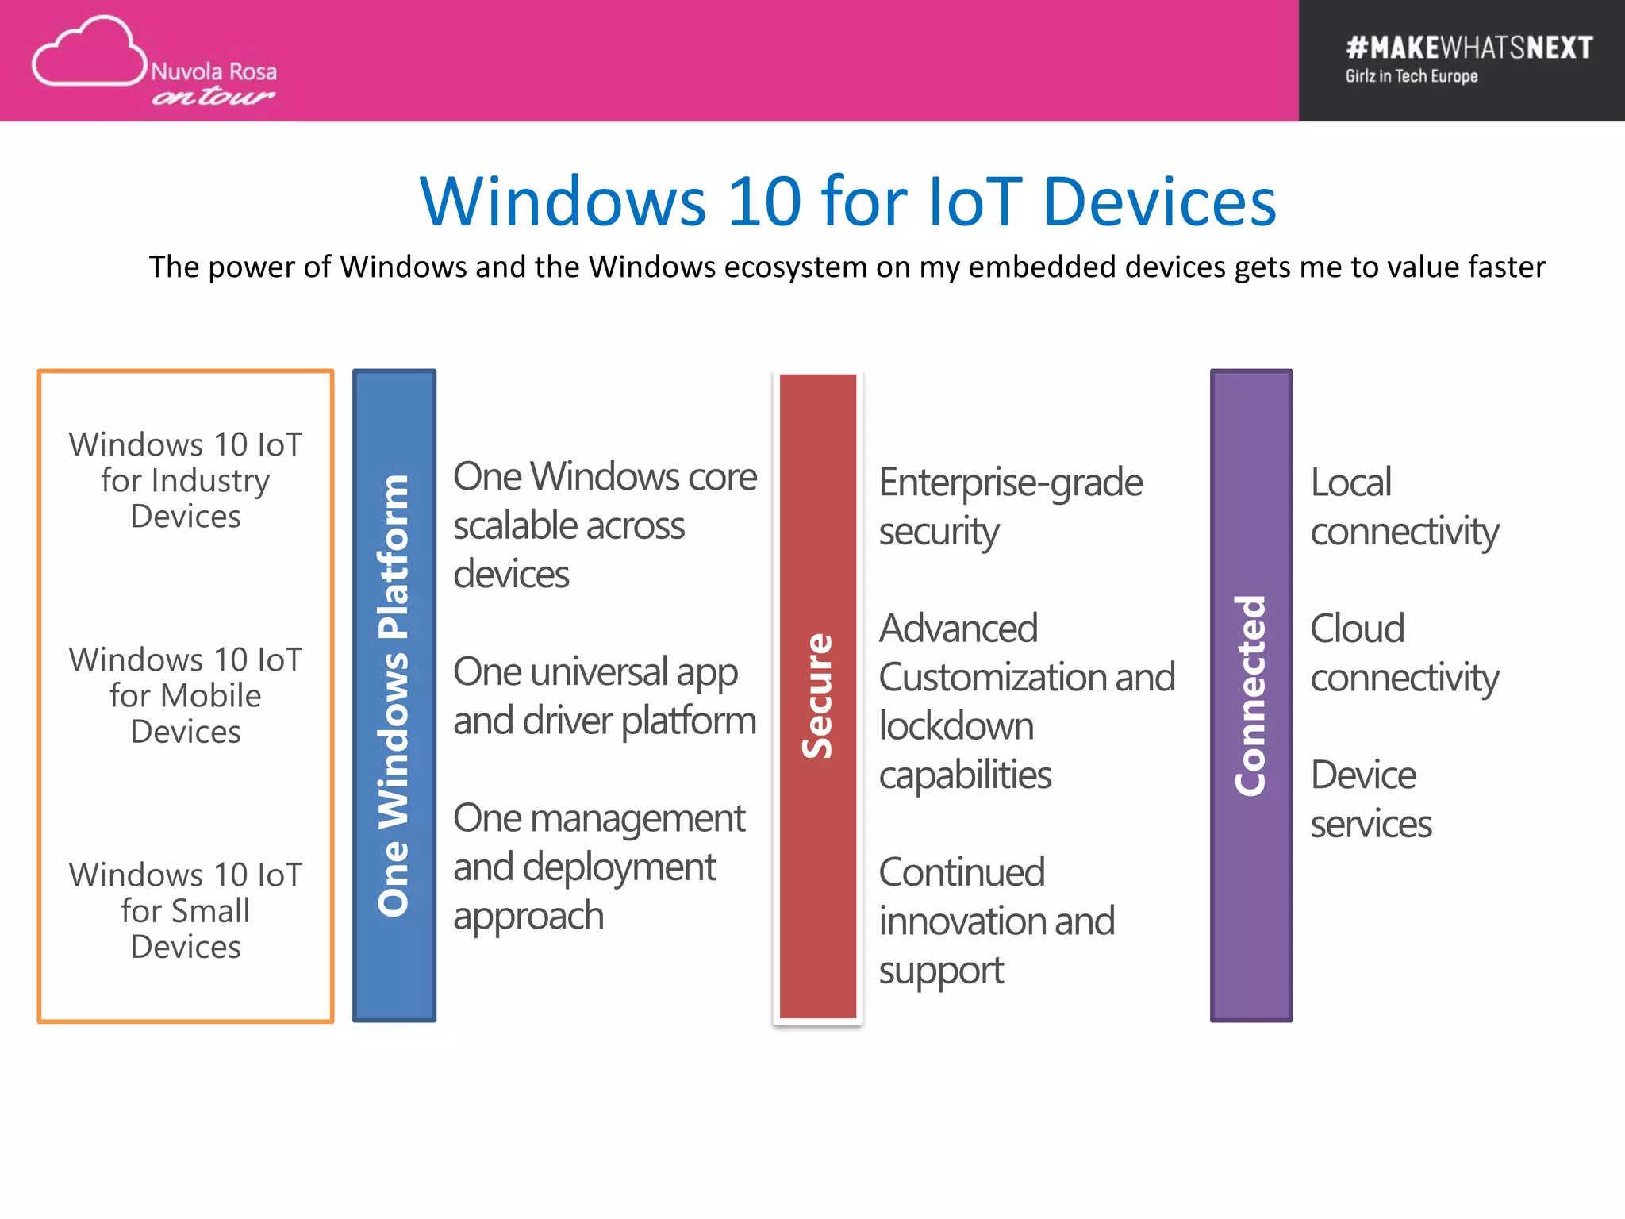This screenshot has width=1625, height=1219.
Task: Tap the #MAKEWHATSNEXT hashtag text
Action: (1469, 48)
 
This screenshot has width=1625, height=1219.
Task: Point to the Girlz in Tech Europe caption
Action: (1411, 76)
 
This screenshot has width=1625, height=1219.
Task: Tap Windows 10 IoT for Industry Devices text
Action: (185, 480)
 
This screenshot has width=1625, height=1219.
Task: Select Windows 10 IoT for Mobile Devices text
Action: (185, 695)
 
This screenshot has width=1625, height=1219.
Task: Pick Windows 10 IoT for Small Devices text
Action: (185, 910)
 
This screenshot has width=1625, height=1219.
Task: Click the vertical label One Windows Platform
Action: (394, 695)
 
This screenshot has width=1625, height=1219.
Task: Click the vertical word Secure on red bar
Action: (817, 695)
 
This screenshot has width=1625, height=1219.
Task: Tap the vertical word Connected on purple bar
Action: (1250, 695)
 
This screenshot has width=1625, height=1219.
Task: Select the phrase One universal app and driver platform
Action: (603, 696)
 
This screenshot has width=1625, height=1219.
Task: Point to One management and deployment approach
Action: (598, 867)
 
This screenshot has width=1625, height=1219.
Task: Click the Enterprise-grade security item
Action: (1009, 506)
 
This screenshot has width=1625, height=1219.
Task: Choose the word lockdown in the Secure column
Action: (956, 726)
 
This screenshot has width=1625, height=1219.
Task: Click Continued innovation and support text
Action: (996, 921)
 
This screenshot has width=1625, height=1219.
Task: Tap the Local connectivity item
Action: (1403, 506)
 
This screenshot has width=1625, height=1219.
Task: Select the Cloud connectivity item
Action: (1403, 652)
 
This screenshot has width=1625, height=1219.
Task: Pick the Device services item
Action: (1370, 799)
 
